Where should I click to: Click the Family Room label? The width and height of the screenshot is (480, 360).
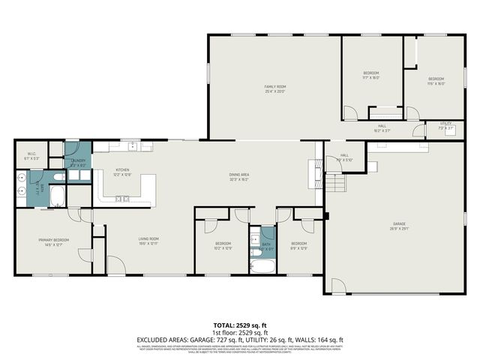click(x=275, y=89)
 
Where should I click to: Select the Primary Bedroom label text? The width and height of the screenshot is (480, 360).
click(x=54, y=241)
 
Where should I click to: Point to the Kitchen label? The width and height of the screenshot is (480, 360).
click(x=122, y=172)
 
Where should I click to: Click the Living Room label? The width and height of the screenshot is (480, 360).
click(x=148, y=241)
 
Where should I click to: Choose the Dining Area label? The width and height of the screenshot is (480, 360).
click(x=239, y=177)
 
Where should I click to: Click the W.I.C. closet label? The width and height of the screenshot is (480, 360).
click(x=30, y=156)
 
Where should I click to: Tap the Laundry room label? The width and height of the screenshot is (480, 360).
click(x=78, y=162)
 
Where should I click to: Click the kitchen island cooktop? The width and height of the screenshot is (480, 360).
click(x=121, y=199)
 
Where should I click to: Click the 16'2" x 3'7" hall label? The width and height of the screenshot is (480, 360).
click(x=382, y=128)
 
